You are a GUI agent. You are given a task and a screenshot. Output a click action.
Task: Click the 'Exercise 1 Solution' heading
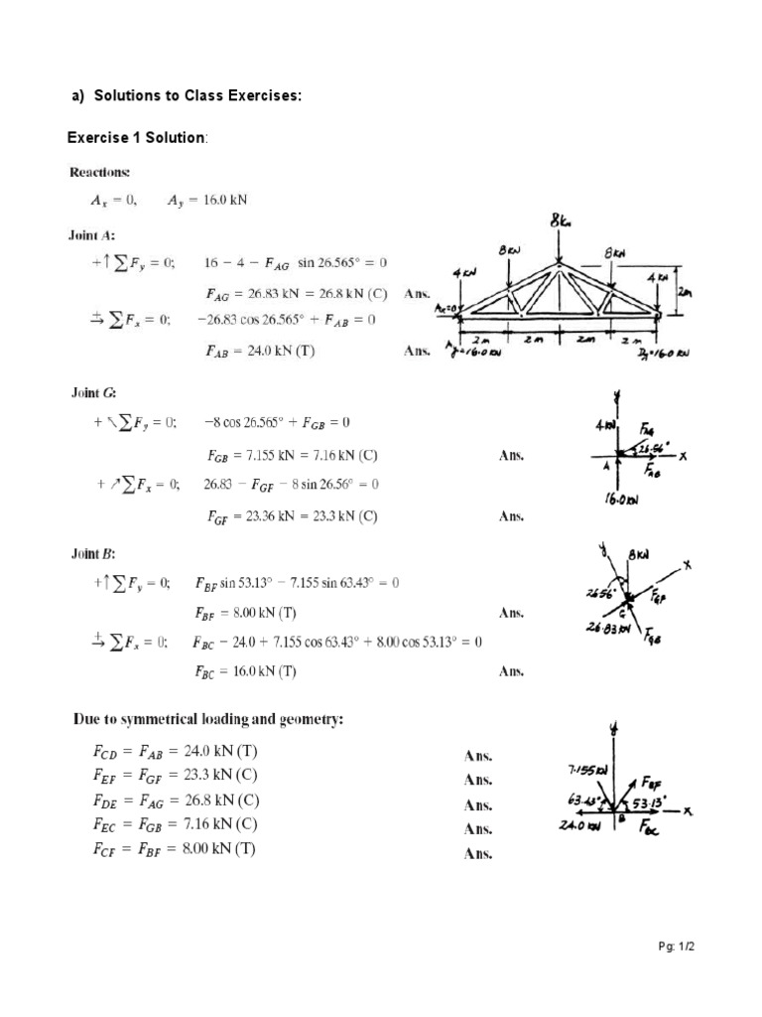point(135,137)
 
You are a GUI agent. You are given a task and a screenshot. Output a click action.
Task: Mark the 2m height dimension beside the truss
point(686,291)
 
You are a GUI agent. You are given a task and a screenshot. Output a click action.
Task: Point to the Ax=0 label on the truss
point(444,309)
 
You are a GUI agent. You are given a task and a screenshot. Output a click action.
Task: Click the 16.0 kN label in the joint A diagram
point(622,500)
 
